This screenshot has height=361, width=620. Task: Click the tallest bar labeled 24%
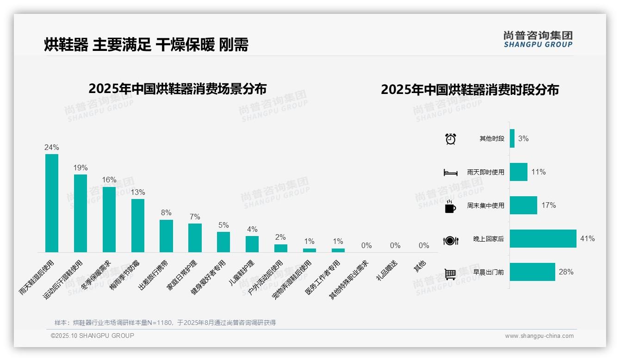pos(52,203)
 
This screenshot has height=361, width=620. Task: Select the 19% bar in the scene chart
pos(81,213)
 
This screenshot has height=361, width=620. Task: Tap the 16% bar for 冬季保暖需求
pos(109,219)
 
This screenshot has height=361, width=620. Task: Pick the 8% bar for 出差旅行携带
pos(166,236)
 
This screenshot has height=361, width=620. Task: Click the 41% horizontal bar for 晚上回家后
pos(543,239)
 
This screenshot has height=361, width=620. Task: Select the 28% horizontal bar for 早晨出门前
pos(532,272)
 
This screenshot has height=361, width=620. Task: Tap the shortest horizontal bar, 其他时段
pos(512,138)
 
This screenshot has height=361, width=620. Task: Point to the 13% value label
pos(137,192)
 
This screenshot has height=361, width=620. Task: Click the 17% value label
pos(549,205)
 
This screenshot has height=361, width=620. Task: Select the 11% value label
pos(539,172)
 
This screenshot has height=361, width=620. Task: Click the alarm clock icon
pos(451,139)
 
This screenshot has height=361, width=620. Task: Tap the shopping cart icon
pos(450,274)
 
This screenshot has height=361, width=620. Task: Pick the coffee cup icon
pos(450,206)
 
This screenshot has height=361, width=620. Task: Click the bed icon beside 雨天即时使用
pos(450,173)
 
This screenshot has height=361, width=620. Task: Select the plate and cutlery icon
pos(450,240)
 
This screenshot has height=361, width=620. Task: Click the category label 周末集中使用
pos(485,205)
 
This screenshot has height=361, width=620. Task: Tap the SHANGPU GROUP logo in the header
pos(538,39)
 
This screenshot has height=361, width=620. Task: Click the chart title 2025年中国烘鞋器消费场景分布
pos(178,88)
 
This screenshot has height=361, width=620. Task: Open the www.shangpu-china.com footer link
pos(539,336)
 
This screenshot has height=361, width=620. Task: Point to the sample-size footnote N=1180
pos(165,323)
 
